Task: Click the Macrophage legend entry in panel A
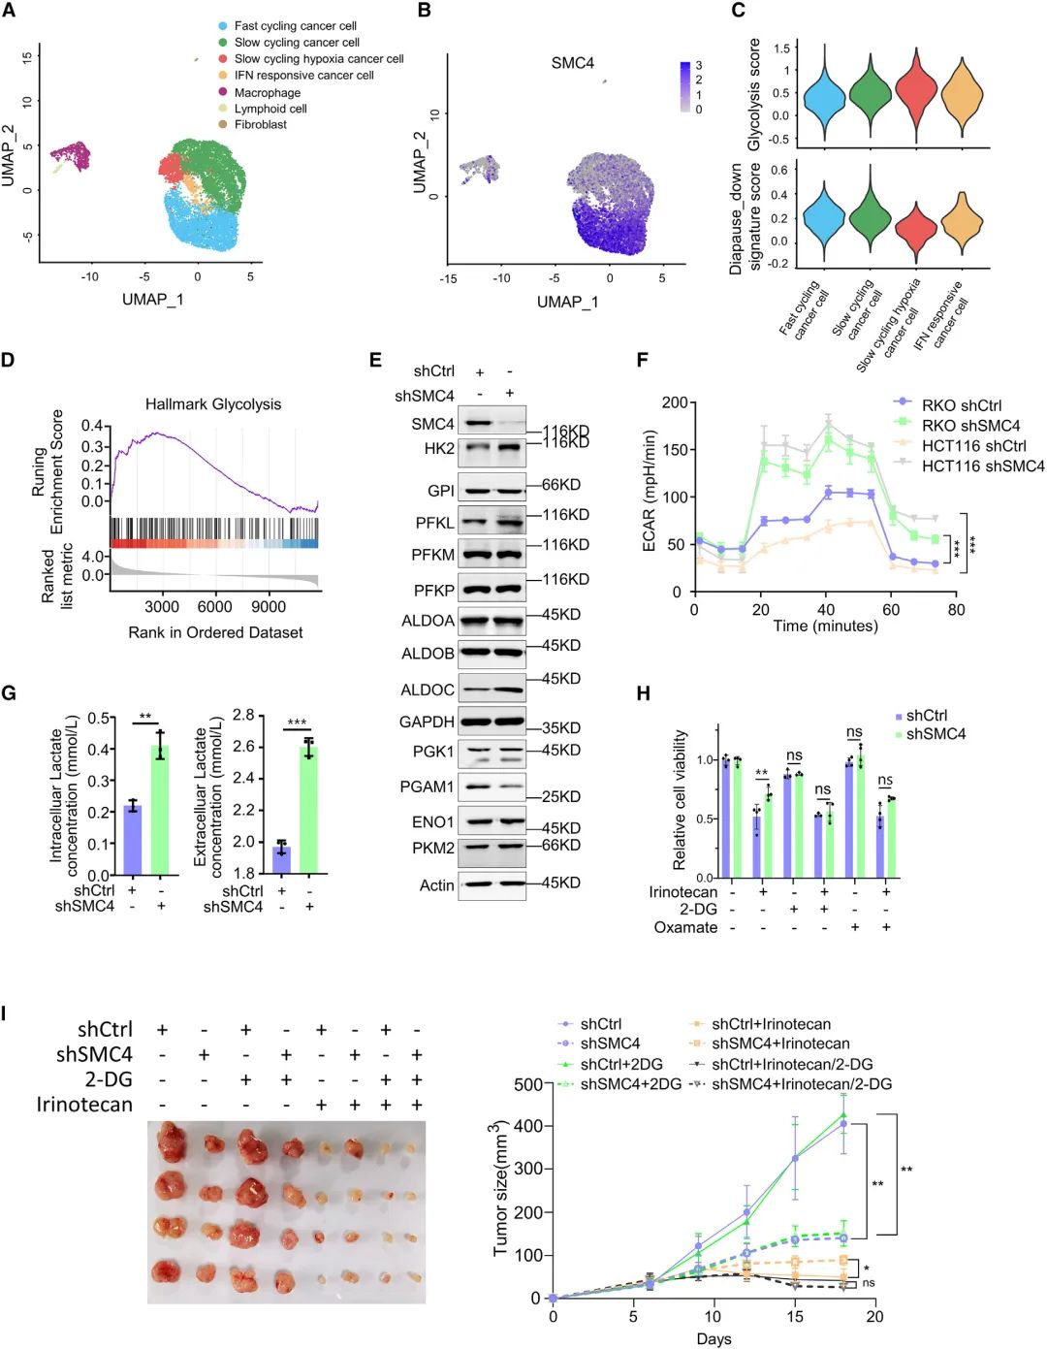point(267,92)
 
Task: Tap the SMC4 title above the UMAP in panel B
point(572,63)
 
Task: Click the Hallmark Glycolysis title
point(213,404)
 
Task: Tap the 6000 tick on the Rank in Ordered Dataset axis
point(214,607)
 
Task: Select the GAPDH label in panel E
point(427,722)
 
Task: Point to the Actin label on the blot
point(436,884)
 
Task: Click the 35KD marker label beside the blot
point(561,728)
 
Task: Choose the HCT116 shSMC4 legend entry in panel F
point(982,466)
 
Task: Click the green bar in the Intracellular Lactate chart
point(160,810)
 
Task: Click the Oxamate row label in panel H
point(685,927)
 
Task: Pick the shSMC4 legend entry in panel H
point(936,734)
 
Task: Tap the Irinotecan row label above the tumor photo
point(84,1105)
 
